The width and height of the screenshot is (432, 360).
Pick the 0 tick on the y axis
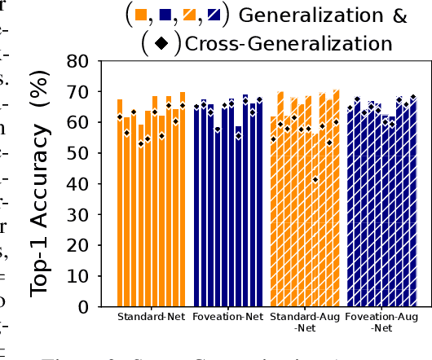pos(84,308)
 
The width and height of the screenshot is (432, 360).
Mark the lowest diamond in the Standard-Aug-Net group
pos(315,179)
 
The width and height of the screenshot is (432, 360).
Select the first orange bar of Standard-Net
pos(120,204)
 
